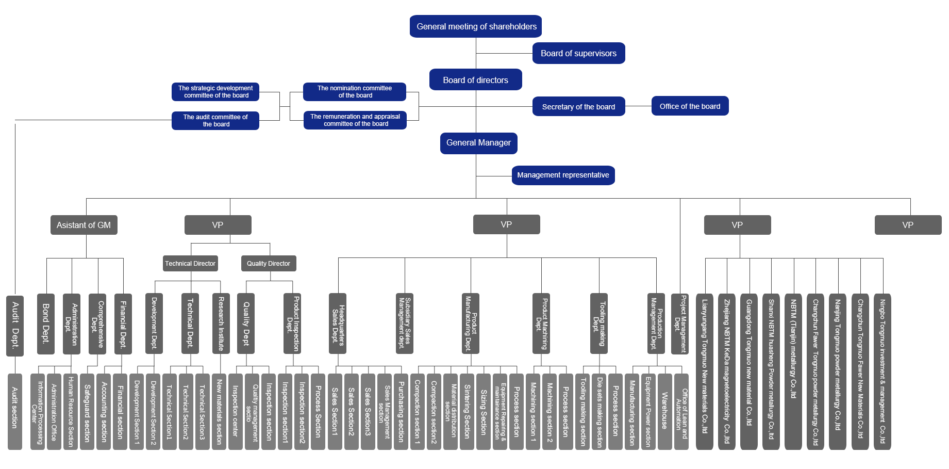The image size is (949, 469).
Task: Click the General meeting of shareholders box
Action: tap(475, 26)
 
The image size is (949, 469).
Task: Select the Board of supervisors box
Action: tap(578, 53)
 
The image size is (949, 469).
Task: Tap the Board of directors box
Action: tap(475, 80)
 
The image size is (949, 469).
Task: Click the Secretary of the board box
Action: tap(578, 106)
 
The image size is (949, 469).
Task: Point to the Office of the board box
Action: tap(690, 106)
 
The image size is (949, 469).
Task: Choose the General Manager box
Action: tap(478, 143)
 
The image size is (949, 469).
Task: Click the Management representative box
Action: tap(563, 175)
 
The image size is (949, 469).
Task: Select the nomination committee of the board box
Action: tap(355, 92)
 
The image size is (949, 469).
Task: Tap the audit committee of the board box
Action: tap(215, 121)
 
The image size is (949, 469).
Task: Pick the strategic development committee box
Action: tap(215, 92)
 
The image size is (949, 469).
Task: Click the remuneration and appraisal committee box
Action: tap(355, 120)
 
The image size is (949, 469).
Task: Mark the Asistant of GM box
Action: tap(84, 225)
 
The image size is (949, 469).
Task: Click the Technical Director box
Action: tap(190, 264)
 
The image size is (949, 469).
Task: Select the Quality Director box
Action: tap(268, 264)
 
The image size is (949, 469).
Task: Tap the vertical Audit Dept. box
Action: tap(15, 325)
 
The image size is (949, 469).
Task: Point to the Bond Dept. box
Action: tap(45, 324)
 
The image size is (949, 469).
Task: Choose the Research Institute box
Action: tap(221, 324)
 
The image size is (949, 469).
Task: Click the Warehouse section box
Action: tap(664, 411)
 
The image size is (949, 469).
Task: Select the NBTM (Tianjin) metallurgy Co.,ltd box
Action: tap(793, 371)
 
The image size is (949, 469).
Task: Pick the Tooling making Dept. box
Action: tap(598, 324)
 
